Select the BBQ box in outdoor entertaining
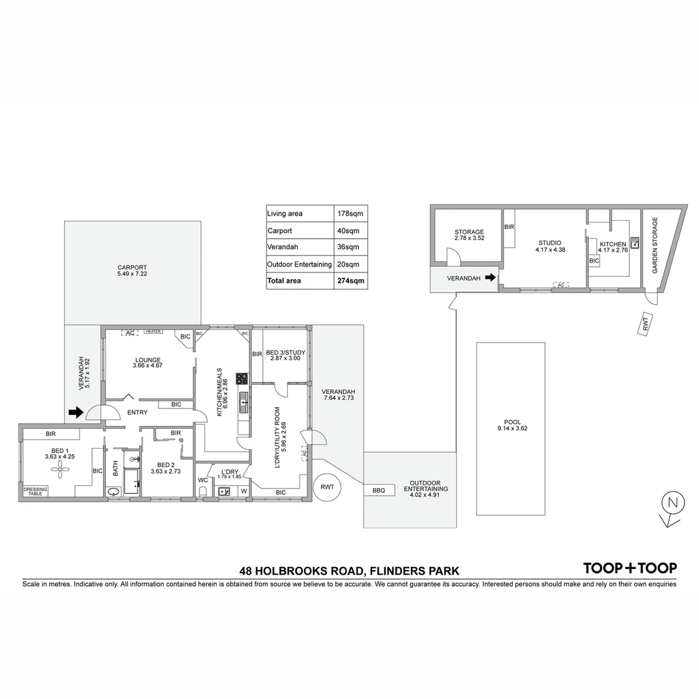point(379,491)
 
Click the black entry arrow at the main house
point(76,412)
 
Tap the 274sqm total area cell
point(351,281)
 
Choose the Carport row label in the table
point(280,230)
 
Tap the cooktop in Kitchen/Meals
point(242,379)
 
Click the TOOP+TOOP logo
point(630,568)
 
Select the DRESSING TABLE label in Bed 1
point(36,491)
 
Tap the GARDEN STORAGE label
point(655,245)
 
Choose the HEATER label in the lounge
point(153,331)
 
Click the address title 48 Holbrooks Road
point(349,571)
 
